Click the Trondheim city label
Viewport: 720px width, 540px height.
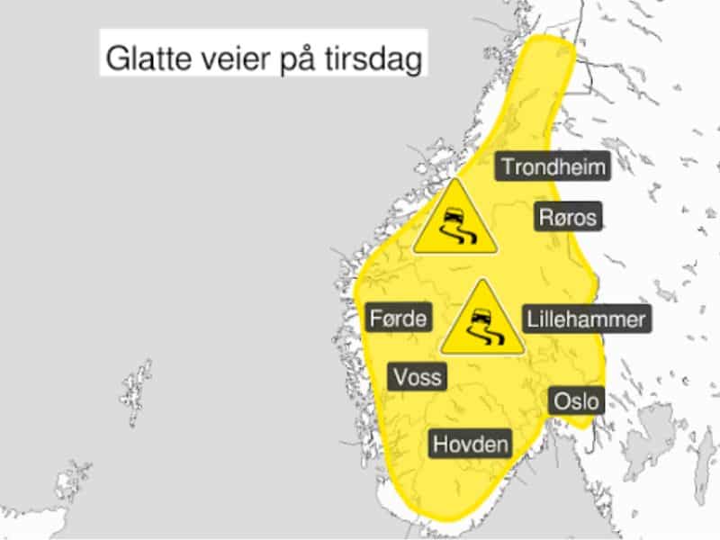pyautogui.click(x=553, y=166)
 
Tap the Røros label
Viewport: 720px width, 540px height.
pyautogui.click(x=566, y=217)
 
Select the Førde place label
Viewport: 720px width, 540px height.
pyautogui.click(x=400, y=318)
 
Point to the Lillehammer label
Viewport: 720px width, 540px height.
pyautogui.click(x=585, y=319)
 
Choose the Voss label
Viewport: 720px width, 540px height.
pyautogui.click(x=418, y=375)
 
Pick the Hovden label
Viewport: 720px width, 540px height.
pyautogui.click(x=471, y=444)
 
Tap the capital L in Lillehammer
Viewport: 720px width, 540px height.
pyautogui.click(x=532, y=319)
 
